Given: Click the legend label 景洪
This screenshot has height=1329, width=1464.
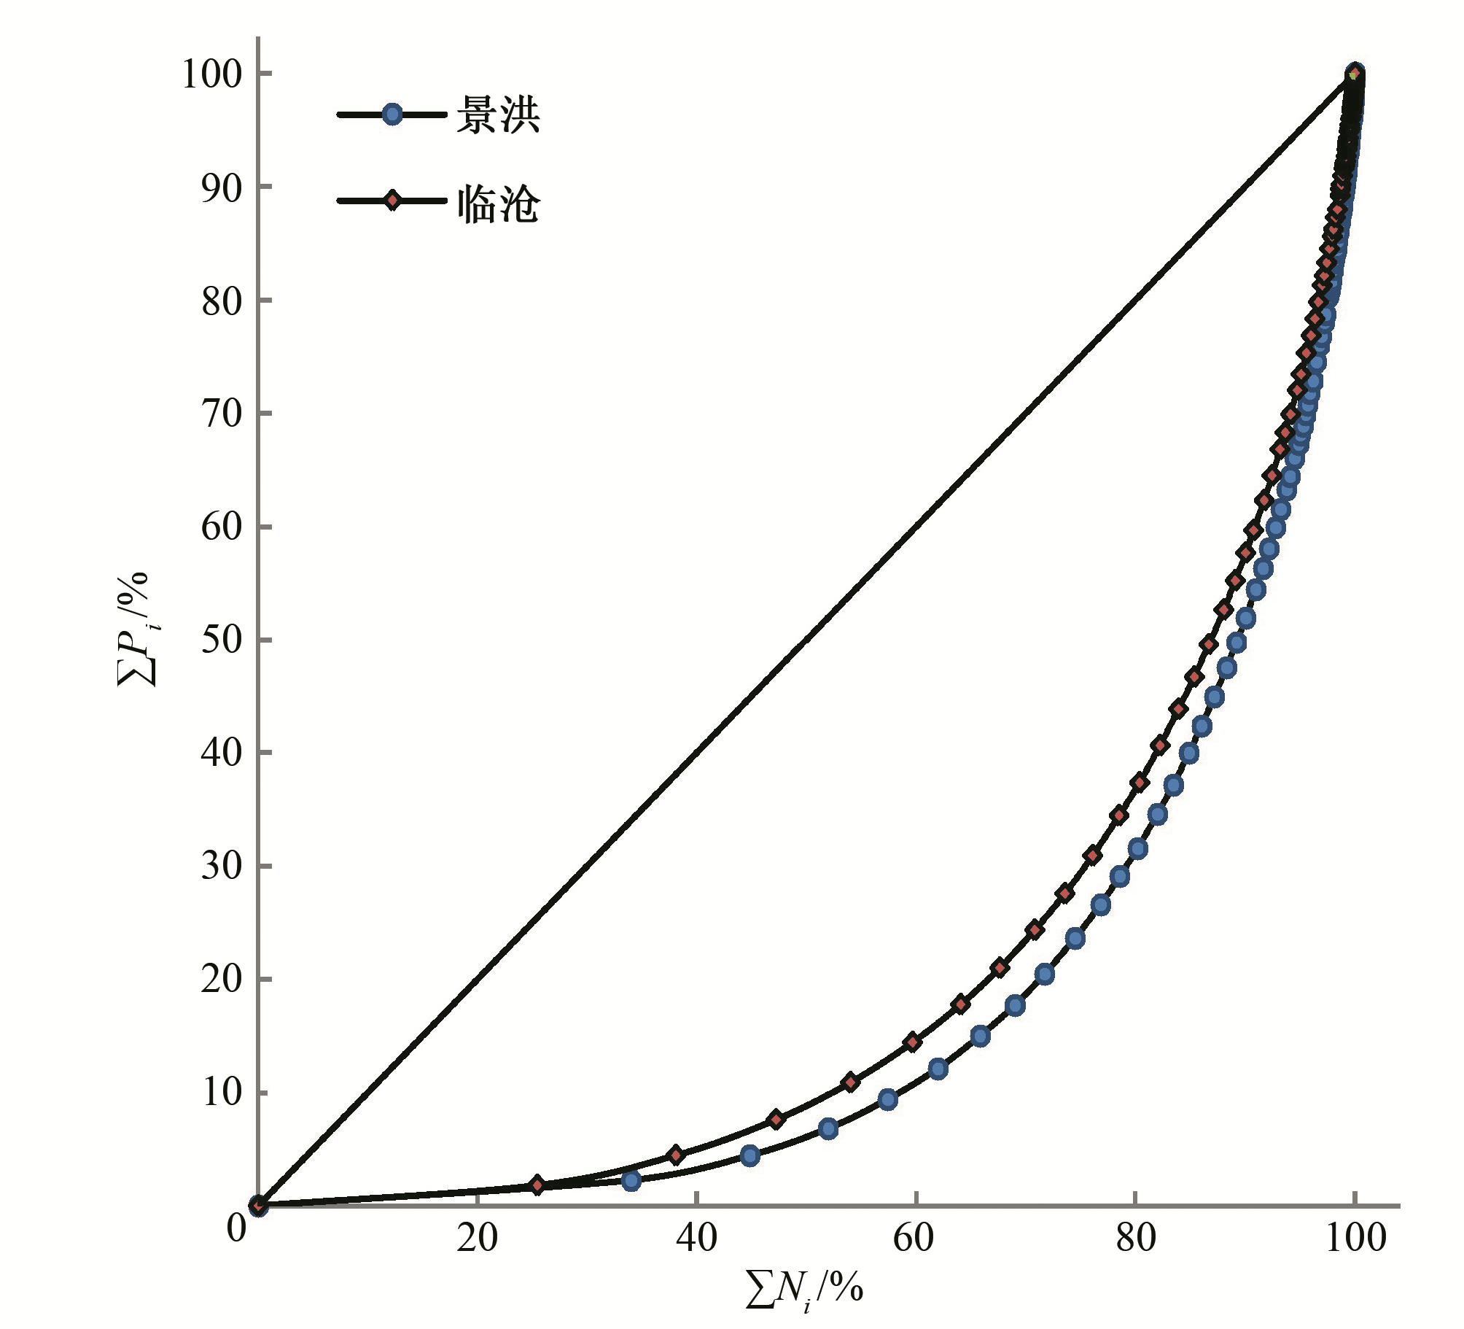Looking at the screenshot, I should pos(498,115).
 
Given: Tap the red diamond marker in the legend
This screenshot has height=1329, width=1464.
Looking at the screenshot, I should pos(392,201).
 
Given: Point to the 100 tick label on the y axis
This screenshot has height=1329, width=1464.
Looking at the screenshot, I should pos(211,74).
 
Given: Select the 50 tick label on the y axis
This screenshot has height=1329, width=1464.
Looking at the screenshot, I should pos(221,640).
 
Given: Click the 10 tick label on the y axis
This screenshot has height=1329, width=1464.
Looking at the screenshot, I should pos(221,1093).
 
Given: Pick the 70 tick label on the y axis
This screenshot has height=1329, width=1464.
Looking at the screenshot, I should pos(221,414).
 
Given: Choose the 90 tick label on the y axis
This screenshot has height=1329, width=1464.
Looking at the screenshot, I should pos(221,188).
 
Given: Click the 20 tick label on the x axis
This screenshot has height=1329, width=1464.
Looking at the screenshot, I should pos(477,1239).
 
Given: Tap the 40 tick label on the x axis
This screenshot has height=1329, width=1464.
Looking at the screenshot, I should pos(696,1239).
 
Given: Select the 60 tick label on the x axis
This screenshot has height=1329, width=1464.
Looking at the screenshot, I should pos(915,1239).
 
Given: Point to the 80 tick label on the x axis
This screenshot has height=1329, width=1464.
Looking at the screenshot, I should pos(1135,1239).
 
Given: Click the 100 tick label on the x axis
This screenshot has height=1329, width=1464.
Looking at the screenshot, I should pos(1355,1239).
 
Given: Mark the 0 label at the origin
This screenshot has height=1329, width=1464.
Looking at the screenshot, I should pos(236,1228).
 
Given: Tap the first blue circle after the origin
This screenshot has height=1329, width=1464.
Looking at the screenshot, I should pos(631,1180).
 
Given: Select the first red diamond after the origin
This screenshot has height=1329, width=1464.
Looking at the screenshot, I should pos(537,1185).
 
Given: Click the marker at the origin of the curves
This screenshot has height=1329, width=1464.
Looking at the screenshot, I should pos(258,1206).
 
